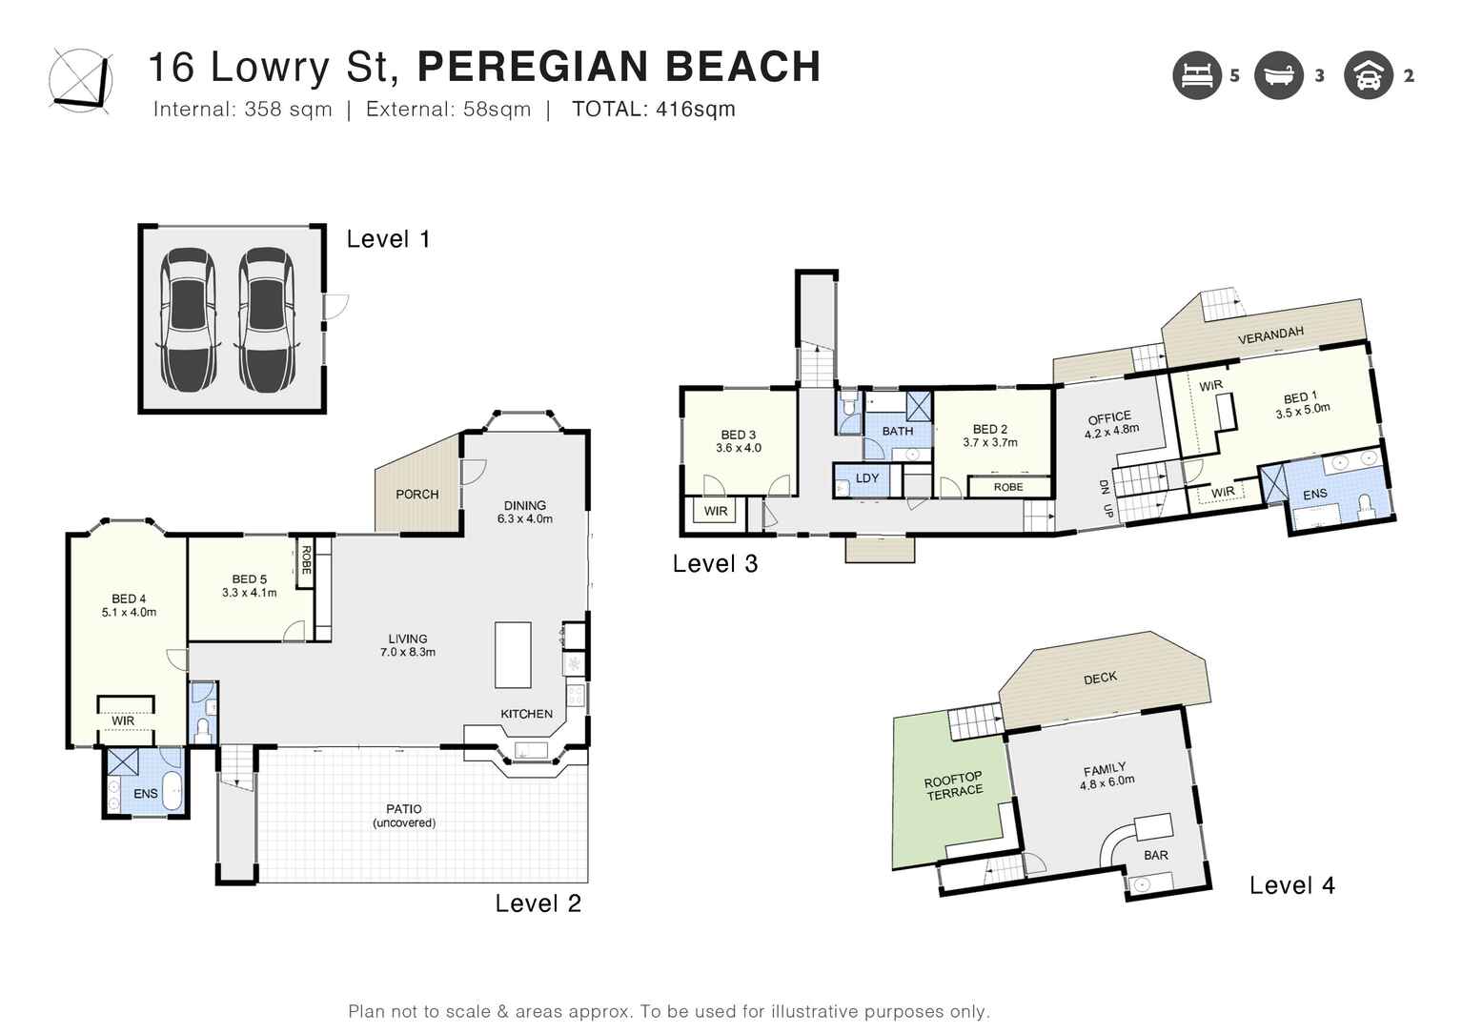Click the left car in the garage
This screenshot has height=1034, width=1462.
click(x=188, y=319)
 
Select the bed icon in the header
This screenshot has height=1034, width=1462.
click(x=1196, y=74)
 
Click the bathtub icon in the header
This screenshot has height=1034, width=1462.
click(x=1278, y=74)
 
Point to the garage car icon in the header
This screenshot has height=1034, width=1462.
click(x=1368, y=74)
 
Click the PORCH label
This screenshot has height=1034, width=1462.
click(x=417, y=494)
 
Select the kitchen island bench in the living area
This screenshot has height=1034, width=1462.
click(x=513, y=654)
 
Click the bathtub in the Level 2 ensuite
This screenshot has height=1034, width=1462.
click(x=172, y=790)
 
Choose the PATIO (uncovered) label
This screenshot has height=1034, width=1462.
click(x=404, y=816)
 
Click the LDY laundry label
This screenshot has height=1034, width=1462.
click(x=867, y=478)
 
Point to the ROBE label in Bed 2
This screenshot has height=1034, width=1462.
click(x=1007, y=487)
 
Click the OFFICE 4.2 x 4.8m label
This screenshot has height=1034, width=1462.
click(x=1110, y=423)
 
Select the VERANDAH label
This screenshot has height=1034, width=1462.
click(x=1270, y=335)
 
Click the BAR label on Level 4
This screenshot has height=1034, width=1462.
click(x=1156, y=855)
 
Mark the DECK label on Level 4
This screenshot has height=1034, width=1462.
click(x=1100, y=678)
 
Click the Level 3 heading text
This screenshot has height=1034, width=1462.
click(x=715, y=563)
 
